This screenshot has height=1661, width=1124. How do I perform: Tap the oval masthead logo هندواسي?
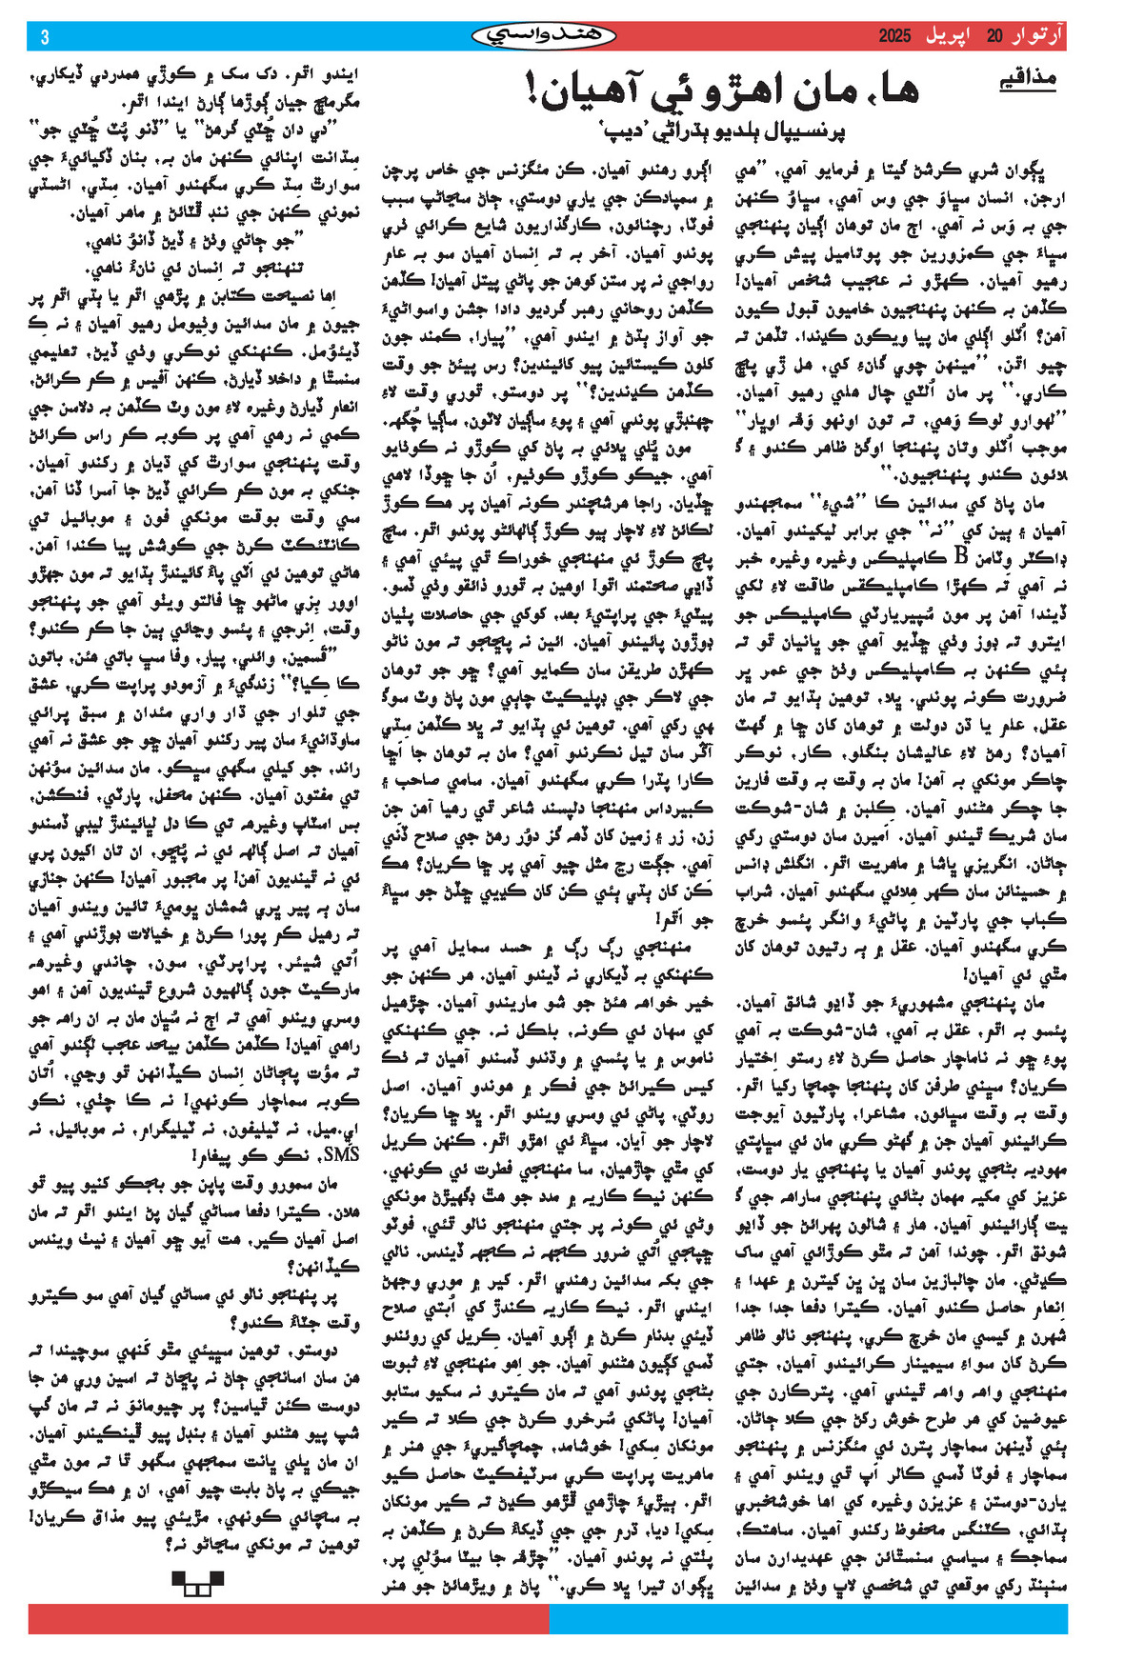tap(544, 36)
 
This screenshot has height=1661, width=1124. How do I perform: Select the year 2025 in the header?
tap(894, 36)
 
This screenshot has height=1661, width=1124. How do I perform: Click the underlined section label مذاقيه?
tap(1027, 79)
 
